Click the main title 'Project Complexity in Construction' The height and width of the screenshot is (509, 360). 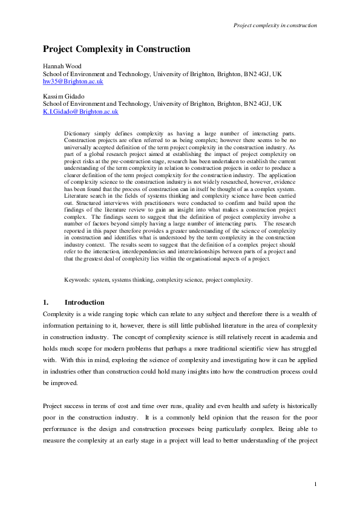[x=116, y=49]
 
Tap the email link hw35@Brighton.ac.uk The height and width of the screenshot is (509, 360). [x=73, y=80]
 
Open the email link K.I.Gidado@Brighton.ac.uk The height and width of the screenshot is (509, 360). [x=80, y=111]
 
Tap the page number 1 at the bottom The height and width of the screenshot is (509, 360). [x=316, y=484]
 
